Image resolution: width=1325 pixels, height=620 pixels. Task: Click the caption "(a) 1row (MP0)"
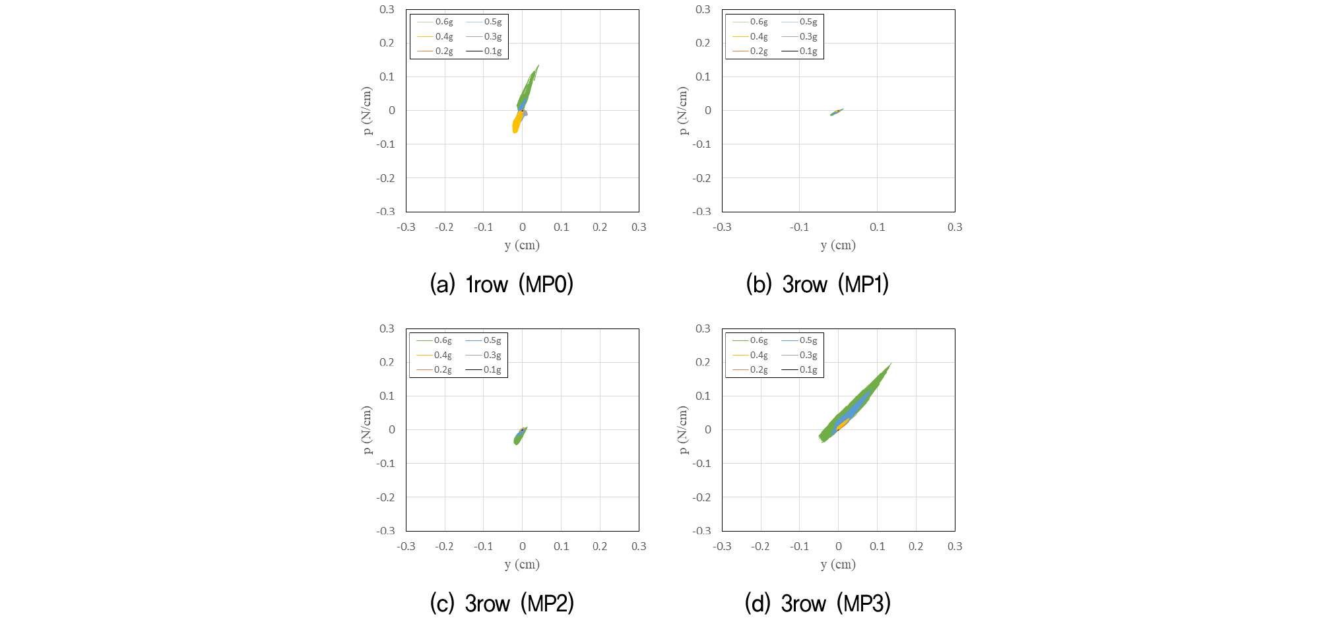tap(501, 284)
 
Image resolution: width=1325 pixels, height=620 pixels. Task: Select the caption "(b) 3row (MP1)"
tap(817, 284)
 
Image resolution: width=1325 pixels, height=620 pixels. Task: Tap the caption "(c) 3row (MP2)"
tap(501, 604)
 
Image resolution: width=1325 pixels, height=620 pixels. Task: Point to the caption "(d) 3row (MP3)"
tap(818, 604)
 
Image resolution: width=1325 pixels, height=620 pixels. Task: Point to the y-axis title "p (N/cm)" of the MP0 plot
tap(367, 111)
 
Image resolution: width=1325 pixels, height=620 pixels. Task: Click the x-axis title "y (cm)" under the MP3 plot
tap(838, 565)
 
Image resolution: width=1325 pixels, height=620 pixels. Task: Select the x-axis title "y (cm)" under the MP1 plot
tap(838, 245)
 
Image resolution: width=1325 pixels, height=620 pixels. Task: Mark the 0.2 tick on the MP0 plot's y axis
tap(387, 43)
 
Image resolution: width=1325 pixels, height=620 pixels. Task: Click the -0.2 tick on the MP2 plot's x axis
tap(444, 546)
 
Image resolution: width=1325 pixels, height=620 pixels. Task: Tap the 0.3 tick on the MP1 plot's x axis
tap(954, 227)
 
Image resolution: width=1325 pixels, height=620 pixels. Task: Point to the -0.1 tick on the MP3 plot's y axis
tap(701, 463)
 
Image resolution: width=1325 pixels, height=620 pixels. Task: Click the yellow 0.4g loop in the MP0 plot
tap(517, 123)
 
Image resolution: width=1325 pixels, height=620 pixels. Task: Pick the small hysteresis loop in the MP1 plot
tap(836, 112)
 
